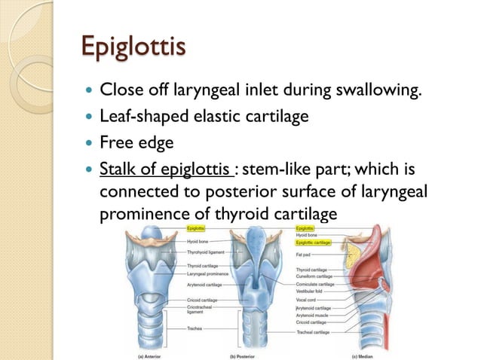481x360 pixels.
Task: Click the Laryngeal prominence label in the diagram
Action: pyautogui.click(x=208, y=273)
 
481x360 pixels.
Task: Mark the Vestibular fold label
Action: pyautogui.click(x=311, y=290)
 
